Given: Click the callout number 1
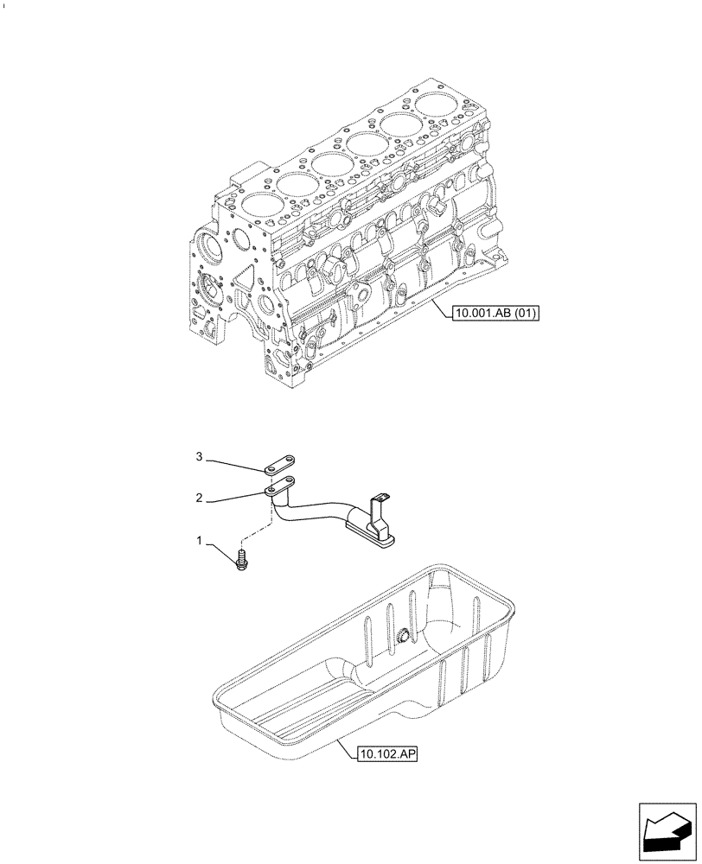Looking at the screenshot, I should pyautogui.click(x=200, y=542).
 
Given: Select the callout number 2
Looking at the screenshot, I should pyautogui.click(x=200, y=499).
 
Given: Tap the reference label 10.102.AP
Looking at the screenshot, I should pyautogui.click(x=387, y=753).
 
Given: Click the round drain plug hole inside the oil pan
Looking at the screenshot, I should pyautogui.click(x=403, y=638).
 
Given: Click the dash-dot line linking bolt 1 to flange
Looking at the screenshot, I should pyautogui.click(x=256, y=529).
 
